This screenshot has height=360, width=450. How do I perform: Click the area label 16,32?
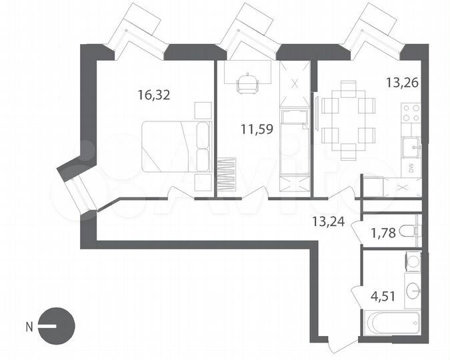[x=154, y=95]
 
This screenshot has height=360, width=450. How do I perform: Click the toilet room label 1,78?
[x=384, y=233]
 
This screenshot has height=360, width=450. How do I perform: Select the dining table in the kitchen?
[x=348, y=120]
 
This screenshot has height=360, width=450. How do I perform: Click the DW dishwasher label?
[x=411, y=167]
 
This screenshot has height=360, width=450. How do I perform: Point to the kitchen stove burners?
[x=412, y=111]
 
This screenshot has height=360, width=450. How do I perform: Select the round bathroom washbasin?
[x=413, y=289]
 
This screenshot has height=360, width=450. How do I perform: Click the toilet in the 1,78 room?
[x=414, y=231]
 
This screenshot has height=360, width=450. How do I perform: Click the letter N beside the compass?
[x=29, y=327]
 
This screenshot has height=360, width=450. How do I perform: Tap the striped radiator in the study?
[x=227, y=173]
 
